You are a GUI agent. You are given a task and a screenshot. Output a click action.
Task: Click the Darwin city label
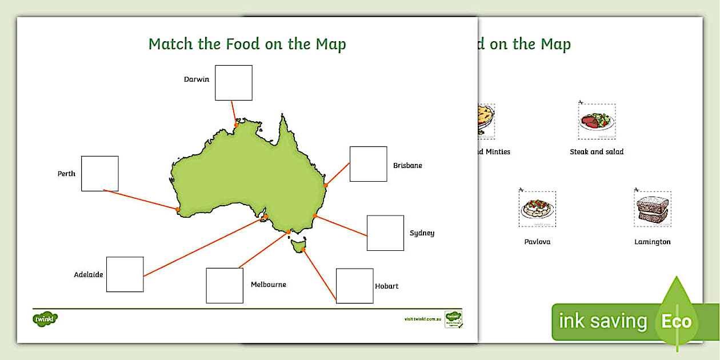pyautogui.click(x=196, y=79)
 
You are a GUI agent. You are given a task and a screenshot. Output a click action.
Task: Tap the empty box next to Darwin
pyautogui.click(x=234, y=83)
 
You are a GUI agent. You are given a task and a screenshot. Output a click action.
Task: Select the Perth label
pyautogui.click(x=66, y=174)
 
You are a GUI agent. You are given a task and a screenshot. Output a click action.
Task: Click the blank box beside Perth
pyautogui.click(x=100, y=173)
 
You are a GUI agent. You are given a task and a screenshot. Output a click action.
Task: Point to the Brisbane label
pyautogui.click(x=407, y=166)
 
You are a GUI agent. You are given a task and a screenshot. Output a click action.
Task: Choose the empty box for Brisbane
pyautogui.click(x=368, y=164)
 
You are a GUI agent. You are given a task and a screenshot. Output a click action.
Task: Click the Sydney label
pyautogui.click(x=422, y=233)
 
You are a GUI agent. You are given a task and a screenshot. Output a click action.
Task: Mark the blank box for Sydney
pyautogui.click(x=385, y=233)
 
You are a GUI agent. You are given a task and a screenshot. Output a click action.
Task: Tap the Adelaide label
pyautogui.click(x=89, y=275)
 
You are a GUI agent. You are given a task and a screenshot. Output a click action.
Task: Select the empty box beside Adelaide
pyautogui.click(x=125, y=274)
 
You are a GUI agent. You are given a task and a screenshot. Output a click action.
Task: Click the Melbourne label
pyautogui.click(x=268, y=285)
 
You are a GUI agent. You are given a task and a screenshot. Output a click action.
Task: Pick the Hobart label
pyautogui.click(x=387, y=286)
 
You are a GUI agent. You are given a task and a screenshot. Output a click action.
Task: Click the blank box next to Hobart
pyautogui.click(x=354, y=286)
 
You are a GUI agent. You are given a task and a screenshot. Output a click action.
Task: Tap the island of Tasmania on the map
pyautogui.click(x=298, y=246)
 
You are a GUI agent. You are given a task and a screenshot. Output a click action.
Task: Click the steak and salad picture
pyautogui.click(x=597, y=122)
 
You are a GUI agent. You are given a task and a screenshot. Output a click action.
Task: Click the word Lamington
pyautogui.click(x=652, y=242)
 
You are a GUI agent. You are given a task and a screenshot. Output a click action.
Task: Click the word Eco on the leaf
pyautogui.click(x=677, y=321)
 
